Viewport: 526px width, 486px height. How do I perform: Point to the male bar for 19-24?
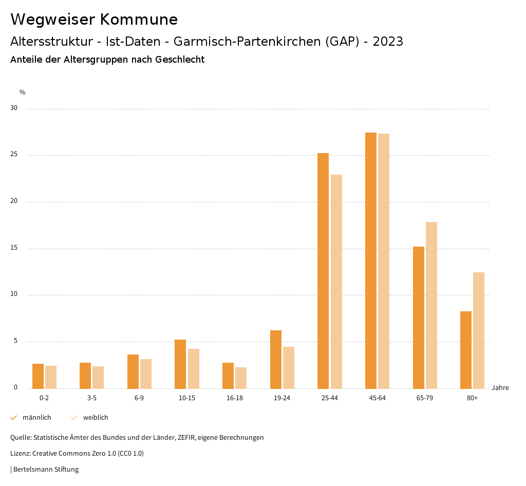[276, 359]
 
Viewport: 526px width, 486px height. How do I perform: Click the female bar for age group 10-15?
[194, 368]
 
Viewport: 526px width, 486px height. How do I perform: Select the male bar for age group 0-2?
[38, 376]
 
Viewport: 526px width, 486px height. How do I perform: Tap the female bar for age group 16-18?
[241, 378]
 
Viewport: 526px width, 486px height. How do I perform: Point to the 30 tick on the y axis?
[14, 108]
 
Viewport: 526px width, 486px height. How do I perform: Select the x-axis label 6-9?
[139, 398]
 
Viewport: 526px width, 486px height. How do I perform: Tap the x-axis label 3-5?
[92, 398]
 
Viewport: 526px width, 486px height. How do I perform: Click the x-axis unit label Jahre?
[500, 388]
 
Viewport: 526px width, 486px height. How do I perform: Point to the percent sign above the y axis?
[23, 92]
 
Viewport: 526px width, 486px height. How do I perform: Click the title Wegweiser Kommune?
[94, 20]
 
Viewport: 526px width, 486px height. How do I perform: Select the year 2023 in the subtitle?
[388, 42]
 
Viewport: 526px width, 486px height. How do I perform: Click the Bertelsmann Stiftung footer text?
[46, 470]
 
